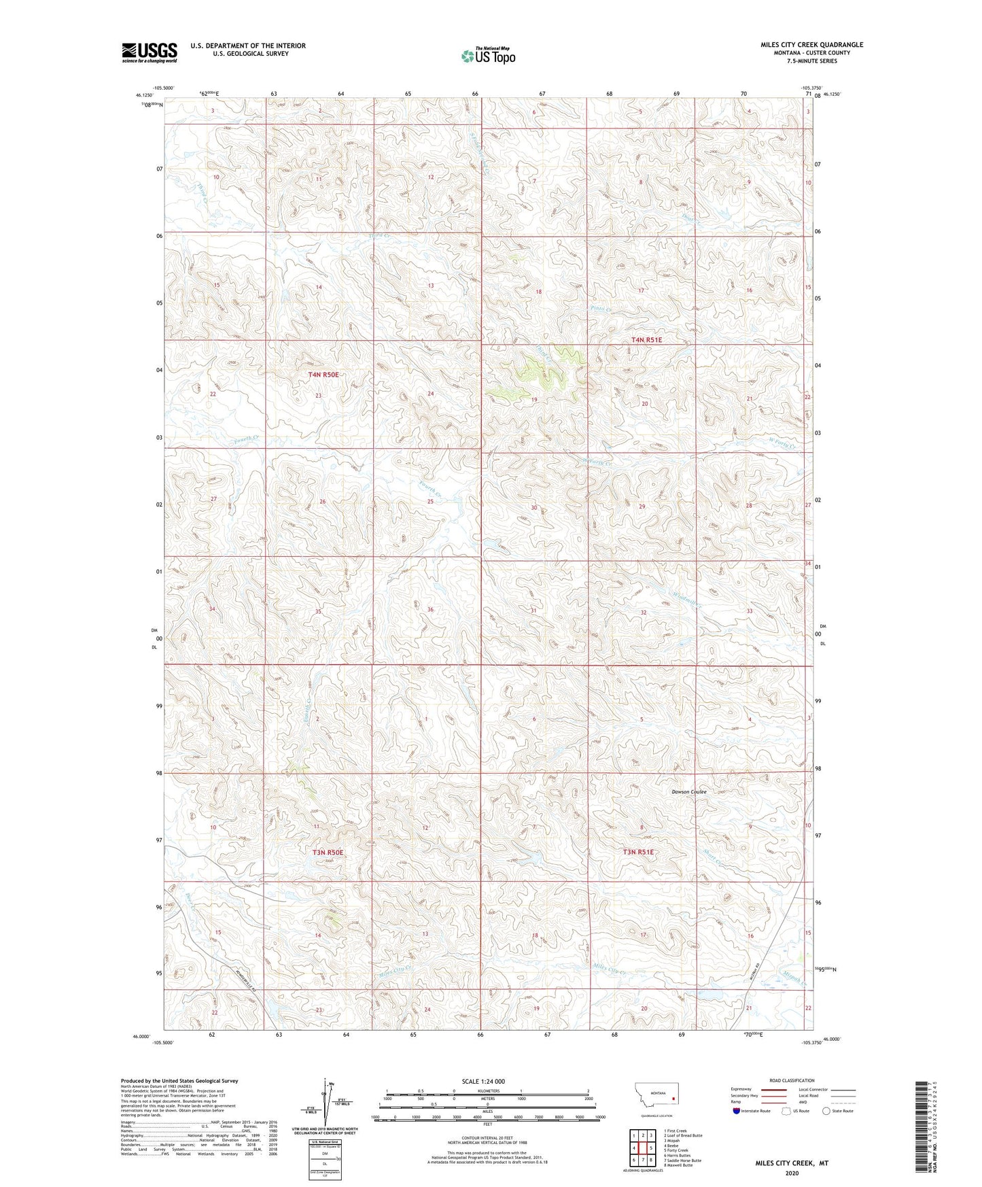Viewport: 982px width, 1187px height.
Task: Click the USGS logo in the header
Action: [150, 52]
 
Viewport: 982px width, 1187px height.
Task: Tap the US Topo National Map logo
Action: [487, 56]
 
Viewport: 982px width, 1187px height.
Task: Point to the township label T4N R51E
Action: [646, 339]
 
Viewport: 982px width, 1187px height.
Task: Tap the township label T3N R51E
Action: [638, 852]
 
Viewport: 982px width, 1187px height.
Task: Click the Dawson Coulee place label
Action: [689, 792]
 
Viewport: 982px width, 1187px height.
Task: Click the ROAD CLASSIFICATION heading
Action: [792, 1080]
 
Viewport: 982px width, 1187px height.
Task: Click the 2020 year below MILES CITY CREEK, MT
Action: [792, 1173]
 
